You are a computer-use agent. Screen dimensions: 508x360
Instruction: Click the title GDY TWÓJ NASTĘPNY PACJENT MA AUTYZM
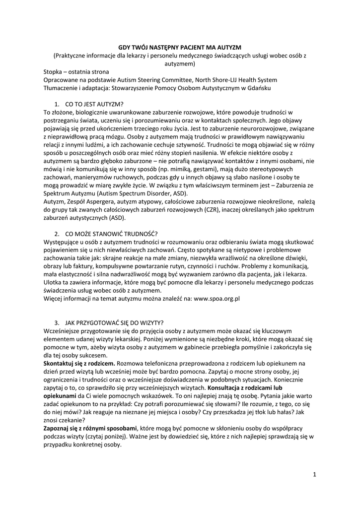(x=180, y=46)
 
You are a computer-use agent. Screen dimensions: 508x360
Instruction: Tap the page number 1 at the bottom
(x=315, y=475)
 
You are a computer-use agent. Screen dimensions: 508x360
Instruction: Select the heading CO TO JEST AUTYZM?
(x=94, y=105)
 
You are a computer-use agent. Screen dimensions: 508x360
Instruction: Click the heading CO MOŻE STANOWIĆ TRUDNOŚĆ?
(x=111, y=233)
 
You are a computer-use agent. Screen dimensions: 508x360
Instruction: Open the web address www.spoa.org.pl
(x=217, y=299)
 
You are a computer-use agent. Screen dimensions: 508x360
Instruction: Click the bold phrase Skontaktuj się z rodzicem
(x=79, y=363)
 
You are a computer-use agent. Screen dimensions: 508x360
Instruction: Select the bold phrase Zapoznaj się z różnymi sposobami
(x=90, y=428)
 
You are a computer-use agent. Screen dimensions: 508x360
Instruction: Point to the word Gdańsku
(x=260, y=88)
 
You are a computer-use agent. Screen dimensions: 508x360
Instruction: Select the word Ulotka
(x=54, y=282)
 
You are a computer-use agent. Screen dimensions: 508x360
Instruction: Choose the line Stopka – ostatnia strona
(x=76, y=71)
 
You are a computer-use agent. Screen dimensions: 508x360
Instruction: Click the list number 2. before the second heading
(x=57, y=233)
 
